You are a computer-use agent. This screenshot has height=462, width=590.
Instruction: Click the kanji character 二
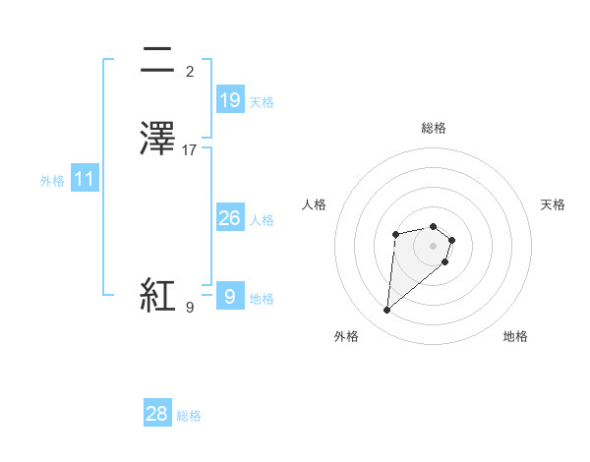158,61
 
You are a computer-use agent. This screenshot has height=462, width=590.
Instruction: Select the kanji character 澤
158,140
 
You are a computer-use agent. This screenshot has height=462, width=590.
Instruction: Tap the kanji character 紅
158,295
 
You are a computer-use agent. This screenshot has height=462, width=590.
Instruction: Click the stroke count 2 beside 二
189,72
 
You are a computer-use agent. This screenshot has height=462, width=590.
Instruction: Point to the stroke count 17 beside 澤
190,150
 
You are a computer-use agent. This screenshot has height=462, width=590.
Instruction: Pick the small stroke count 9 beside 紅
190,308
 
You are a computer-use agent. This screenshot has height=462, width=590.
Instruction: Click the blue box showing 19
229,100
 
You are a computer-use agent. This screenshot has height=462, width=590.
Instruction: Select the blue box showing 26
229,218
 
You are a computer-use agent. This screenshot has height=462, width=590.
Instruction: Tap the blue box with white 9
229,296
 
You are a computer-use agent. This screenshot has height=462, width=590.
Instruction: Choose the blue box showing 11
84,180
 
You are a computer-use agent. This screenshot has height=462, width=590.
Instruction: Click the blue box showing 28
157,414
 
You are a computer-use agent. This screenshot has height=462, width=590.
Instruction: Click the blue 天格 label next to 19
262,102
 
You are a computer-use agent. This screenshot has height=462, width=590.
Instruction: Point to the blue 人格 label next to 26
262,220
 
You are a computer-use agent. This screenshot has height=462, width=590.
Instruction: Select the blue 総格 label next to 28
189,416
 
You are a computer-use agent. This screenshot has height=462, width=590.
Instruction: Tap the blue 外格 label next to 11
51,181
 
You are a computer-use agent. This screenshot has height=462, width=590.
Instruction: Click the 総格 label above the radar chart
433,128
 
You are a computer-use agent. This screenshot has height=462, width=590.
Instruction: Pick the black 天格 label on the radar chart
554,204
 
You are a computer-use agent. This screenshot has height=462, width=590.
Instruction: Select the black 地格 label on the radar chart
515,336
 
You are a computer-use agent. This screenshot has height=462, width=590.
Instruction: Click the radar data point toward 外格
387,311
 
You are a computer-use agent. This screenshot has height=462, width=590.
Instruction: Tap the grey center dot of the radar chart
433,245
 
